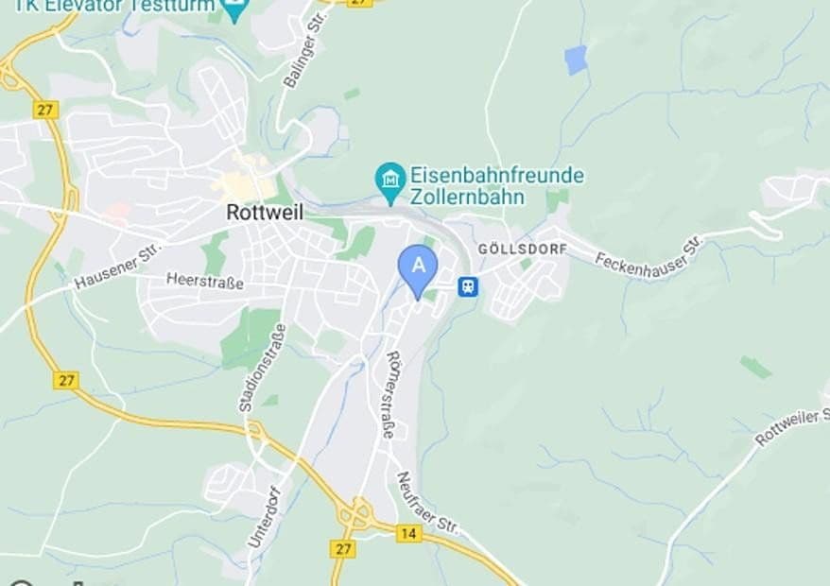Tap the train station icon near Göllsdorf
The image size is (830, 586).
(x=467, y=285)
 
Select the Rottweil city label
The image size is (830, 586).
(x=265, y=213)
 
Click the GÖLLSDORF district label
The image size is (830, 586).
(x=523, y=249)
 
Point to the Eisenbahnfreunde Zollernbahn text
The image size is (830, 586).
(x=496, y=186)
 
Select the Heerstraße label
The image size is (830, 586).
(x=204, y=282)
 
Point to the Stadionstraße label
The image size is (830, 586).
(x=249, y=367)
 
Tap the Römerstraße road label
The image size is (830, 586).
(x=389, y=395)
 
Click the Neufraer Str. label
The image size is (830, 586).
(x=426, y=503)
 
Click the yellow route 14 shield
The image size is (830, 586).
(x=409, y=533)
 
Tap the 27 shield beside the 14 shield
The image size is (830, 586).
(x=343, y=548)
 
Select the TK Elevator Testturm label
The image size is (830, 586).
(x=113, y=5)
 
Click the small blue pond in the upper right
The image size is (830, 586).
(x=576, y=60)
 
